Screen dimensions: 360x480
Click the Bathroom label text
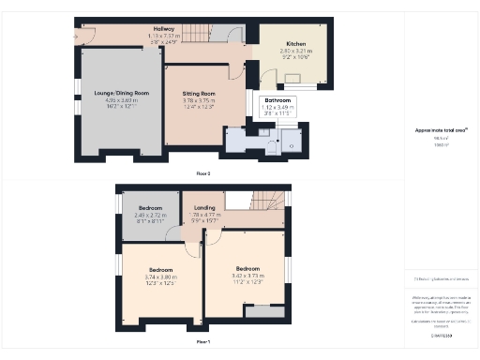coord(277,99)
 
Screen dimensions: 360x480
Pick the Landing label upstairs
coord(205,208)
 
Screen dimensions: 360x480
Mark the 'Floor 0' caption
coord(203,173)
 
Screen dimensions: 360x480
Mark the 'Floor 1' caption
coord(203,342)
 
